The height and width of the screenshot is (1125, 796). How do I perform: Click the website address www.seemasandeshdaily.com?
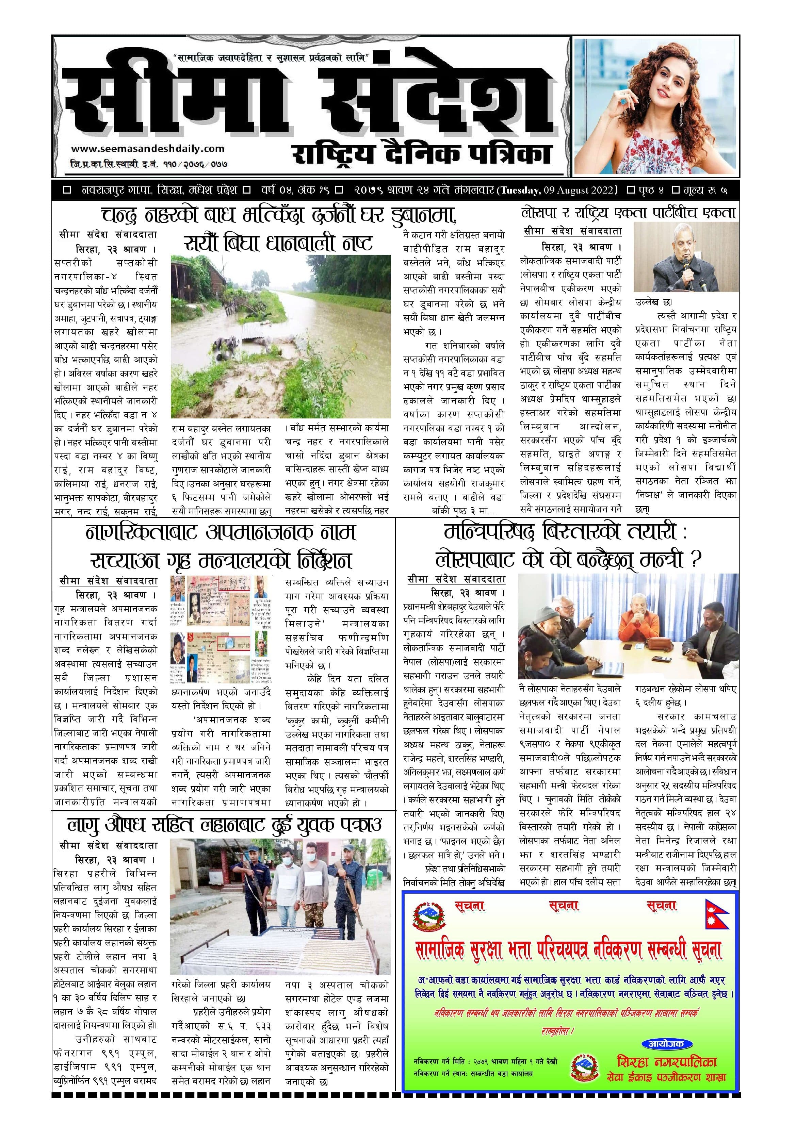[x=148, y=148]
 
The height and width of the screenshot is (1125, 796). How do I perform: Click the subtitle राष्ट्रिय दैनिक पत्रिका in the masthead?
[x=422, y=154]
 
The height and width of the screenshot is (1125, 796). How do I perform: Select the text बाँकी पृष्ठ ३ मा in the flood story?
[x=464, y=511]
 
